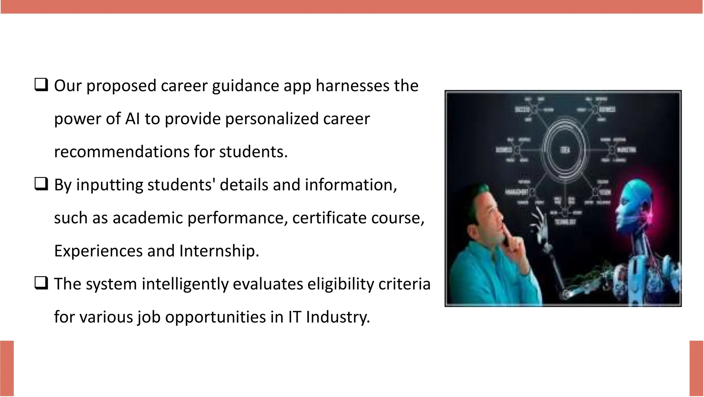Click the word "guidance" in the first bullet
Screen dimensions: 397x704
coord(245,86)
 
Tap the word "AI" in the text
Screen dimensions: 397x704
coord(132,119)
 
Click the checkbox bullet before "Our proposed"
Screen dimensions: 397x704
coord(41,84)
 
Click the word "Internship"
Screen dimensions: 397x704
coord(219,251)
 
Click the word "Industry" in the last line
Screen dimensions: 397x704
coord(338,317)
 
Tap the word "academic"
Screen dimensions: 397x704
coord(148,218)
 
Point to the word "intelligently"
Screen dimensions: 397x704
coord(185,285)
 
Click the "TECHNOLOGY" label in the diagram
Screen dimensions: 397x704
coord(565,222)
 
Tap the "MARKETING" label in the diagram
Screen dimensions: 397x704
coord(626,150)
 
